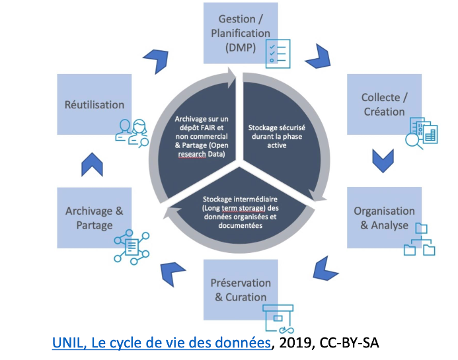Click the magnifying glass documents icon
tap(423, 133)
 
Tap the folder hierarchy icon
tap(419, 240)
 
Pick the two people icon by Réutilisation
tap(131, 131)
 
